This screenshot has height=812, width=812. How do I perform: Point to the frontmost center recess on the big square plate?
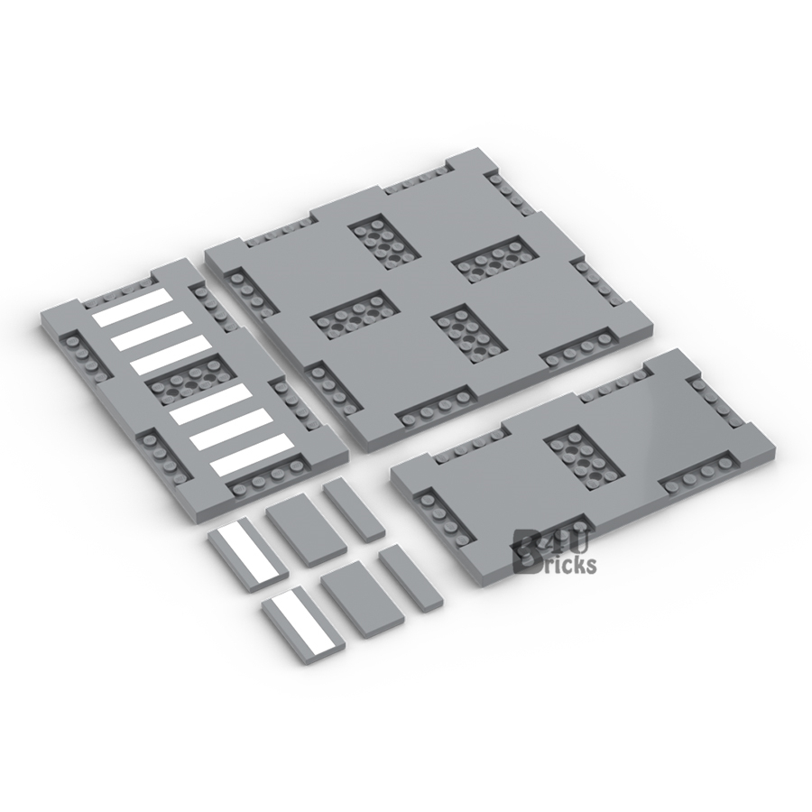click(x=470, y=331)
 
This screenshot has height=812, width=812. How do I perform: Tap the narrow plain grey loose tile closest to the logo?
click(x=411, y=577)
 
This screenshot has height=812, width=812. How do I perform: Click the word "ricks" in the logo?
click(x=568, y=566)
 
